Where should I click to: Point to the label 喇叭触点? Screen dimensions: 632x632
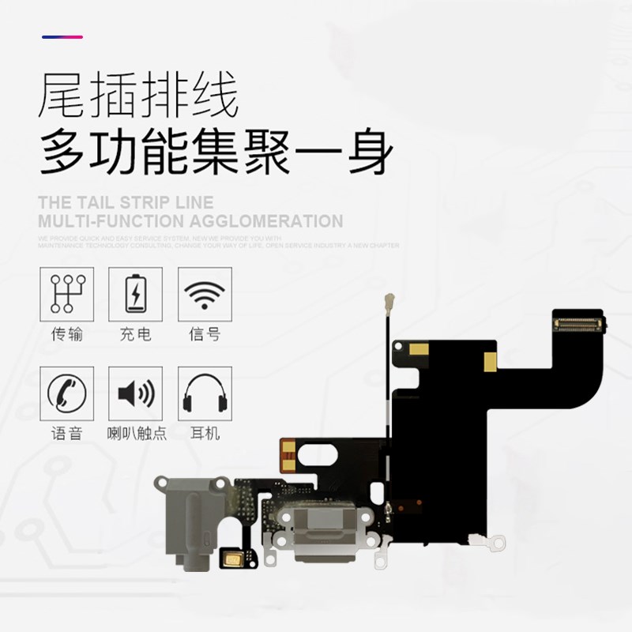[x=136, y=434]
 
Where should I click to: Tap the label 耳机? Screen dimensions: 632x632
[x=205, y=434]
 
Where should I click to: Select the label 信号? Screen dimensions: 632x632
[x=205, y=335]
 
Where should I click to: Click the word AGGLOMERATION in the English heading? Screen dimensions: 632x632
[x=262, y=221]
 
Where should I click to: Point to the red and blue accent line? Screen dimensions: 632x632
[x=62, y=37]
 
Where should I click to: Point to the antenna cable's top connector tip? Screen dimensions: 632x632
[x=389, y=300]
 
